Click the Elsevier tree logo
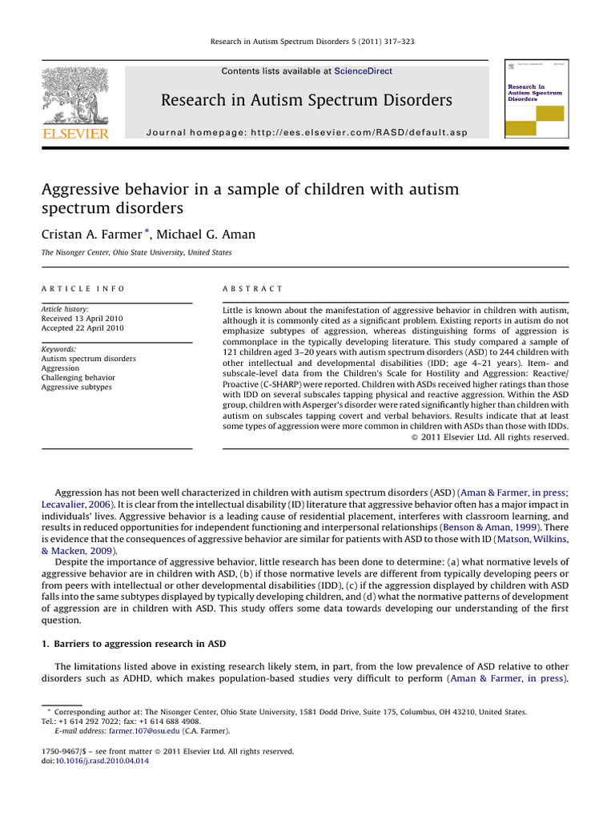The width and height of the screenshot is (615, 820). coord(74,94)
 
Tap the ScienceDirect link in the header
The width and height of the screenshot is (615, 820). coord(363,71)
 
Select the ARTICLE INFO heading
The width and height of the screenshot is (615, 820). coord(82,288)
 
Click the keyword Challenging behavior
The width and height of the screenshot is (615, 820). coord(78,378)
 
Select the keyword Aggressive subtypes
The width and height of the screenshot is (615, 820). coord(77,388)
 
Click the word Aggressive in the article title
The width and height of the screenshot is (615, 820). coord(81,190)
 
